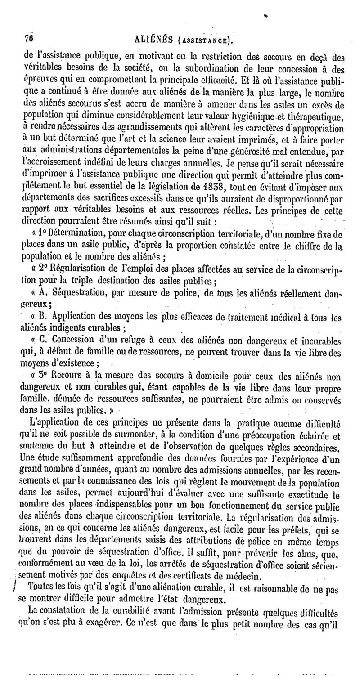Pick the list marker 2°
43,269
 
